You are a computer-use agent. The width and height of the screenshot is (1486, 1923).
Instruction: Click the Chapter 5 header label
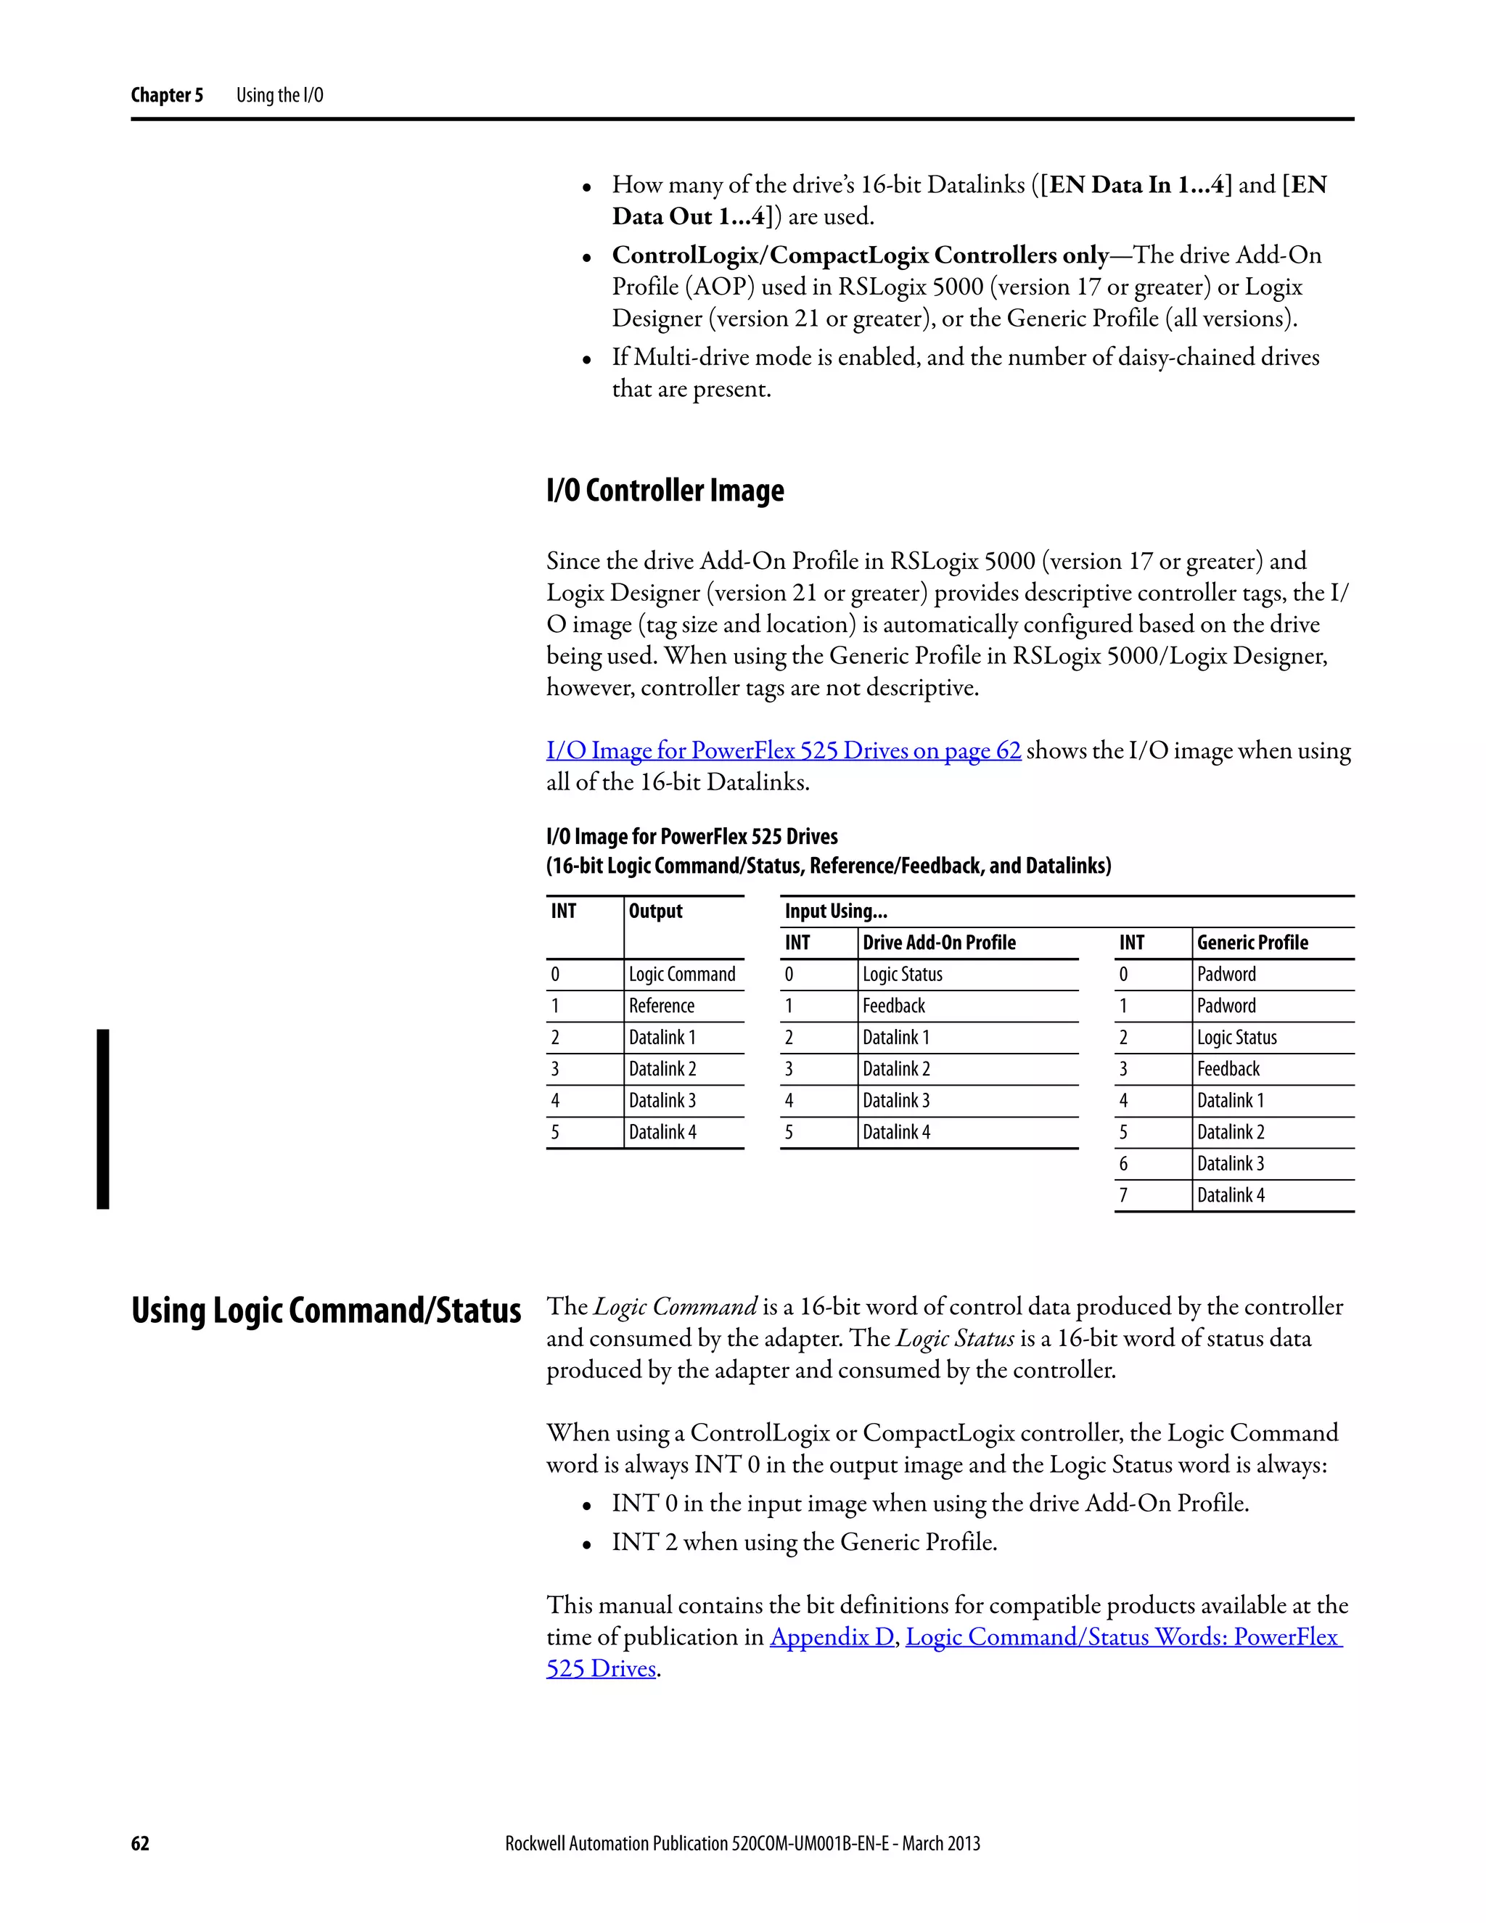(166, 95)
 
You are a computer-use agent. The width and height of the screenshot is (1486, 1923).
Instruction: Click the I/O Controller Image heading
(665, 491)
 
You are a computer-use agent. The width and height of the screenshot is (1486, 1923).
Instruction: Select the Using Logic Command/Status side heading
(326, 1310)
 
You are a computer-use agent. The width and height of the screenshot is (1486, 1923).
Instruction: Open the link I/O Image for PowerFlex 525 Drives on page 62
(783, 750)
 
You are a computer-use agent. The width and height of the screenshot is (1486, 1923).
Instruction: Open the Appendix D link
(831, 1637)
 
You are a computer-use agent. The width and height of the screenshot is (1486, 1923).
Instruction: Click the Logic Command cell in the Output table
(681, 974)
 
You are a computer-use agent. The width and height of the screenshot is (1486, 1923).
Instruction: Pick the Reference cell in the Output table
(661, 1006)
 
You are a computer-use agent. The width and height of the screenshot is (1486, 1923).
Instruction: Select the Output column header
(655, 911)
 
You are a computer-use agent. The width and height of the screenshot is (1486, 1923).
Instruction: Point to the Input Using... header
(835, 911)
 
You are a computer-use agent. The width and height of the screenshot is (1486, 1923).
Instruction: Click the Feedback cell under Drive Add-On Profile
(893, 1006)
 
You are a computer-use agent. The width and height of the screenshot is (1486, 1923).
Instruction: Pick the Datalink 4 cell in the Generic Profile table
(1230, 1195)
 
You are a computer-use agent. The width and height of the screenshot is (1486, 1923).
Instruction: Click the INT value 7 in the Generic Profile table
(1122, 1195)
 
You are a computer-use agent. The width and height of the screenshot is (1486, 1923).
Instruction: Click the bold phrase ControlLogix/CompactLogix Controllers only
(860, 255)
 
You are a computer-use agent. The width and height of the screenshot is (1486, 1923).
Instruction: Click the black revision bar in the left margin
(103, 1118)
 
